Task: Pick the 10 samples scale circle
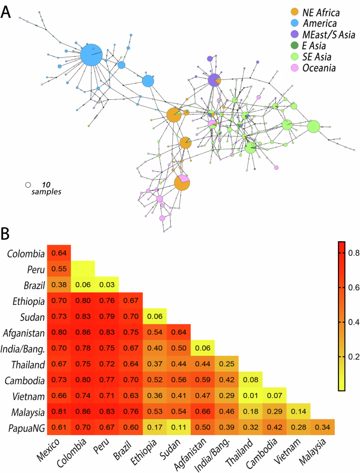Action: click(x=28, y=185)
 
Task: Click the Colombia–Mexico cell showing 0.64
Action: click(x=59, y=254)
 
